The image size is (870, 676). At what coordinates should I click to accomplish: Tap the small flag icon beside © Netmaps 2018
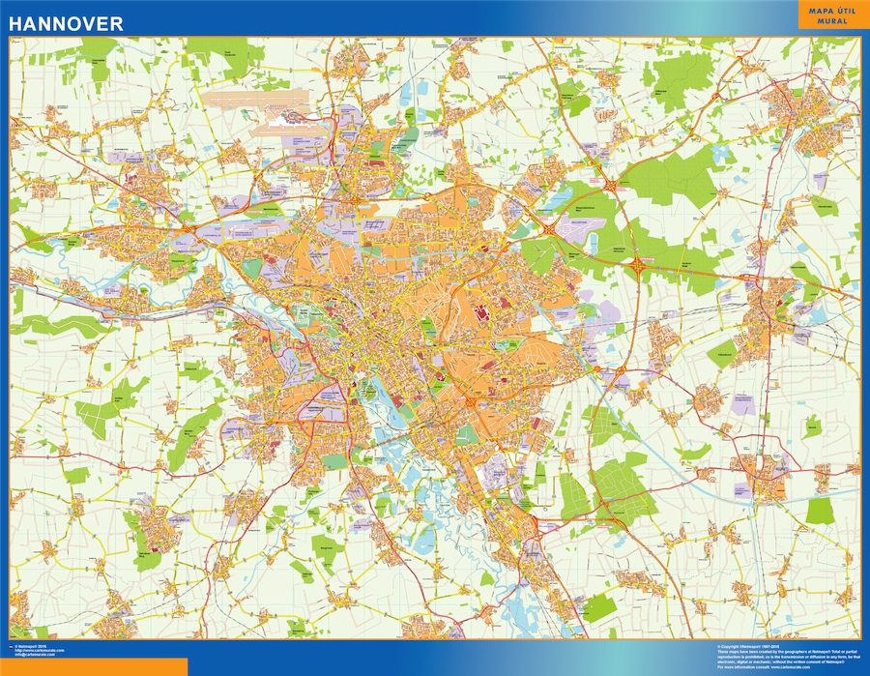[12, 644]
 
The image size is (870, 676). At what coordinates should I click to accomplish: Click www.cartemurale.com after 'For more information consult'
[791, 667]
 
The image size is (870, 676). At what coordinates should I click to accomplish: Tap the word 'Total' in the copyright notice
[835, 651]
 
